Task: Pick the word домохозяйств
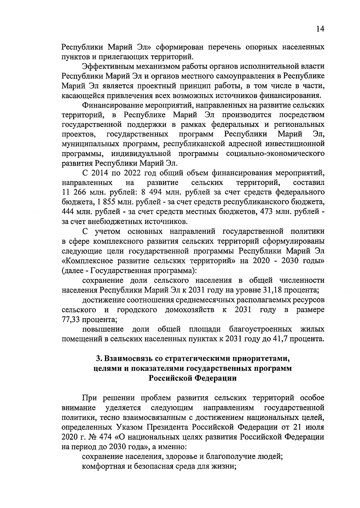pyautogui.click(x=190, y=310)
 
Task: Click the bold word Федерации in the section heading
pyautogui.click(x=217, y=378)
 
